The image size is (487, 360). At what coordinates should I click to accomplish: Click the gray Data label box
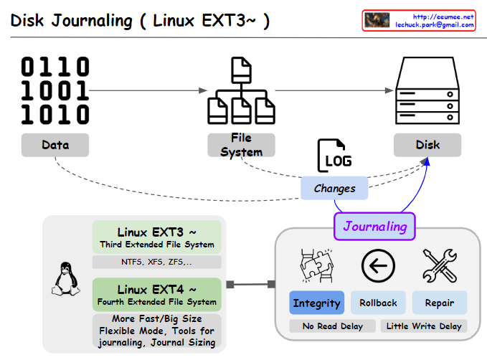point(55,145)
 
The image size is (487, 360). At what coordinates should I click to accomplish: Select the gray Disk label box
point(427,145)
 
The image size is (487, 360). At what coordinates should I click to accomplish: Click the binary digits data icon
point(55,91)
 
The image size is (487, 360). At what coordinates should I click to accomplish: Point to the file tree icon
point(241,90)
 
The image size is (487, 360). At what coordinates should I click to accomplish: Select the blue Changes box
point(335,189)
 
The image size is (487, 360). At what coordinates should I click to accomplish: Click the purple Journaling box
point(374,227)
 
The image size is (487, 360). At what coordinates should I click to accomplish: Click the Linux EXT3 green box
point(157,237)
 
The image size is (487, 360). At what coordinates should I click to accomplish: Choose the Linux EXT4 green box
point(157,294)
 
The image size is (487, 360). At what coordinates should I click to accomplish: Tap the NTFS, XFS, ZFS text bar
point(157,262)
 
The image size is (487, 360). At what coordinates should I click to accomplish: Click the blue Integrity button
point(316,303)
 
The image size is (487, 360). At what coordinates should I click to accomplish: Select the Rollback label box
point(378,303)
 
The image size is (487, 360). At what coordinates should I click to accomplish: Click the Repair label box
point(439,303)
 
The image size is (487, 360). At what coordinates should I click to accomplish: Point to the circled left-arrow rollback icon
point(378,266)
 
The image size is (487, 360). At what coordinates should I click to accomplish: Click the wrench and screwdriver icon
point(439,266)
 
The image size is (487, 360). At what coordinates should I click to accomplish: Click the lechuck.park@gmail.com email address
point(435,24)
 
